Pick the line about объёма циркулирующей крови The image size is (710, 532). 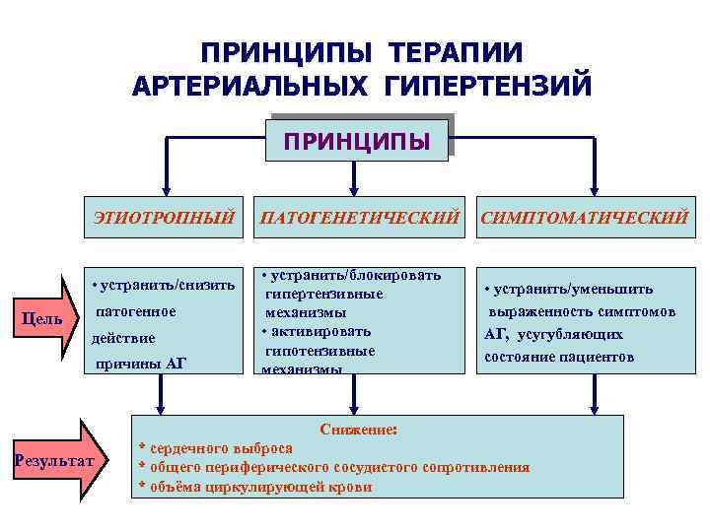[x=259, y=486]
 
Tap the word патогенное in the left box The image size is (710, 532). [x=136, y=311]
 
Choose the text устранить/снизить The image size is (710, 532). [x=165, y=286]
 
